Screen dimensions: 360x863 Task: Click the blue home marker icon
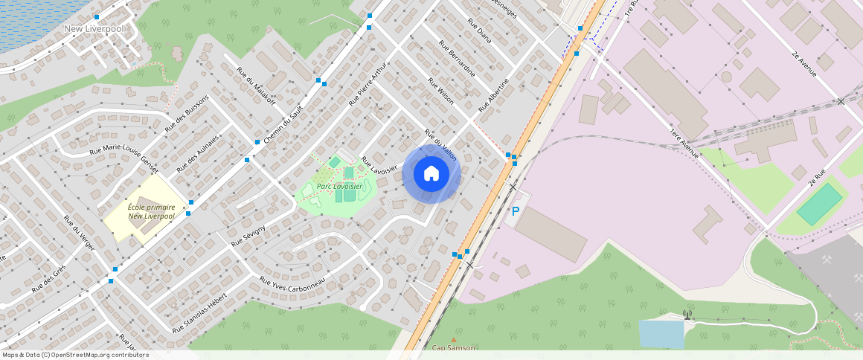431,174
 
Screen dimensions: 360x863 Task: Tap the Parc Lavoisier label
339,186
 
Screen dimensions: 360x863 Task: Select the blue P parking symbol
515,211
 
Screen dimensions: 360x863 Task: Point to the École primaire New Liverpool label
151,211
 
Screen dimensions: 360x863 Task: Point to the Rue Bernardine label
457,57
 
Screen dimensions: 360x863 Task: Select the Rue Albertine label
493,94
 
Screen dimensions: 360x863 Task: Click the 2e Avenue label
804,64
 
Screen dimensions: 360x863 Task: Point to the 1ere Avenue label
684,142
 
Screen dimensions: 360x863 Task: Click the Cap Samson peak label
453,347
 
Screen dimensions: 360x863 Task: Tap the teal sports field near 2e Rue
819,205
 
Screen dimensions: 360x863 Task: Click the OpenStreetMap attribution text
74,355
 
